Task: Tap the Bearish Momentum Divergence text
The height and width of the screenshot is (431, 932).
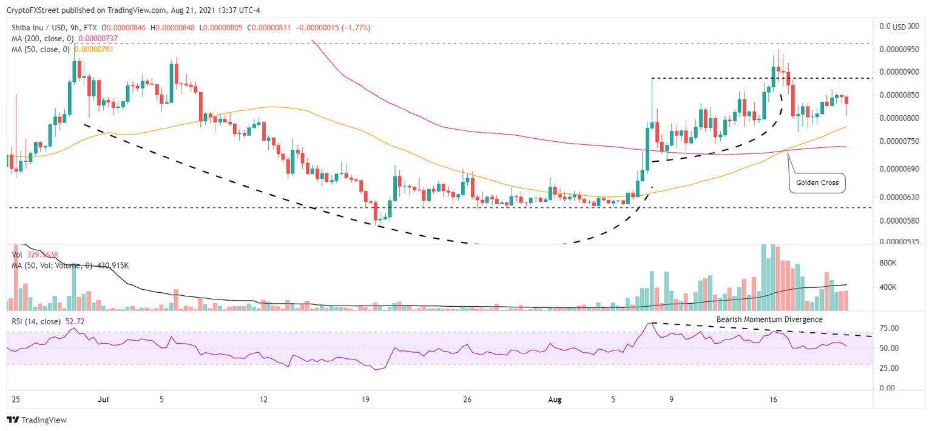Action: click(x=769, y=319)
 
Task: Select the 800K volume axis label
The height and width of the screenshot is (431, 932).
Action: click(x=889, y=263)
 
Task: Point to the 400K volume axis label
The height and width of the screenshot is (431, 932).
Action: click(x=889, y=287)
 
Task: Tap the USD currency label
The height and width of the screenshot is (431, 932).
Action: click(x=899, y=27)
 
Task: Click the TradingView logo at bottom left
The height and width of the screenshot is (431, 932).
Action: click(x=36, y=419)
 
